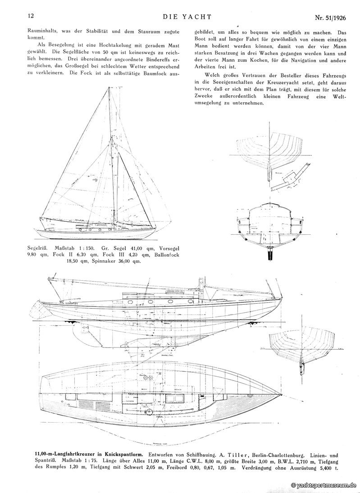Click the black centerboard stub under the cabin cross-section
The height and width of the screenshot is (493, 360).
[x=271, y=253]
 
